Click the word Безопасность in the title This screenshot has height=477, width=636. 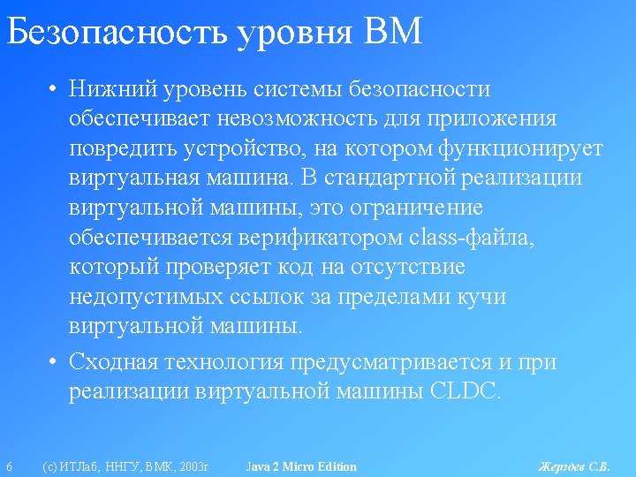117,31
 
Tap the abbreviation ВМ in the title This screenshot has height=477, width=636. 392,31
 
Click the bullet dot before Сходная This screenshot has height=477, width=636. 52,360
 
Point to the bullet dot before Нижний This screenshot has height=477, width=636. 52,88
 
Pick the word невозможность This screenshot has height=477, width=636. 297,118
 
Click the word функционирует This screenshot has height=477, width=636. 520,149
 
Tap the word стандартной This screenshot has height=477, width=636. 390,178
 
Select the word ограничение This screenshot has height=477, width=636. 416,208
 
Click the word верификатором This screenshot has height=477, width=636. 321,238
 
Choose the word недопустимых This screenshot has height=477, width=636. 147,298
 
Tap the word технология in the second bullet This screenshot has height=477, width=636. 224,361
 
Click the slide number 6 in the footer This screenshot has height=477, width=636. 10,466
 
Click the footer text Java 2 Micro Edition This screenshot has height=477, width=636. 301,466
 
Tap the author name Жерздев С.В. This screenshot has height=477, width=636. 574,467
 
